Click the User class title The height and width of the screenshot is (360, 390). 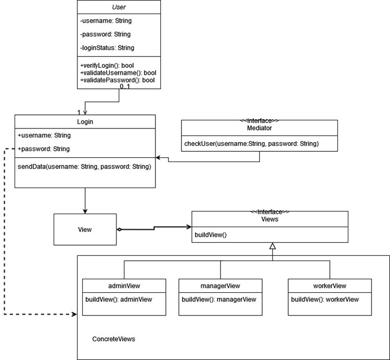(119, 8)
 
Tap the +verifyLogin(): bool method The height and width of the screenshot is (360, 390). (107, 65)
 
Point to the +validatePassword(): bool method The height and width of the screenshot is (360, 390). (118, 80)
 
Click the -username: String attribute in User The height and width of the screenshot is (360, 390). (106, 21)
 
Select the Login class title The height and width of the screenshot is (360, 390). (85, 121)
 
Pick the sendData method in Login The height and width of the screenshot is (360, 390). (84, 166)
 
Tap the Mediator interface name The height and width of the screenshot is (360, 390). (259, 128)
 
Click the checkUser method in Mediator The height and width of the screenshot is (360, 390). (251, 144)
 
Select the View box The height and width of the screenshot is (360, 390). (85, 229)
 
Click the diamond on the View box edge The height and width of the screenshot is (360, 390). (120, 229)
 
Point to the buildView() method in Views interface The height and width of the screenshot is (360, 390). (211, 235)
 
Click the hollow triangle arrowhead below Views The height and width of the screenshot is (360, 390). (273, 247)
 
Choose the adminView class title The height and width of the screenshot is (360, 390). (124, 286)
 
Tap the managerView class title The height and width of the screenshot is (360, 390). (220, 286)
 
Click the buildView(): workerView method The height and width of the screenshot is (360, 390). (324, 299)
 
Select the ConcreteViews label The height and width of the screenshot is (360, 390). (114, 339)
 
